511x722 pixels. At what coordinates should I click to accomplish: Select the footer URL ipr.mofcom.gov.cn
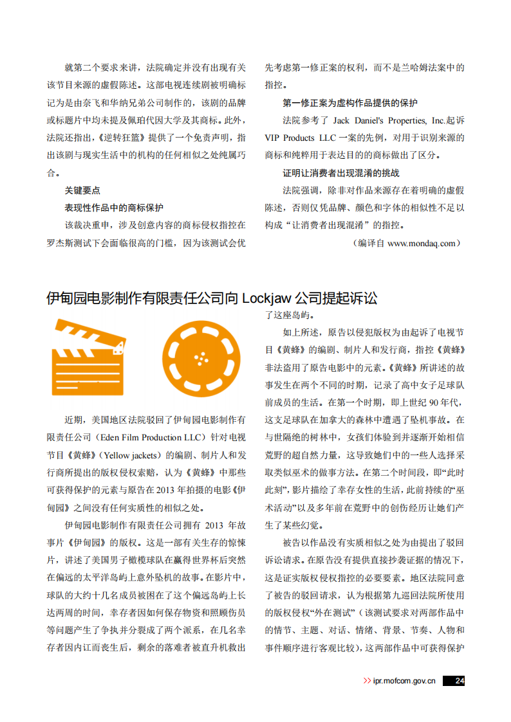click(x=404, y=681)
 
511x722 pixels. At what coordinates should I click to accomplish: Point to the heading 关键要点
click(x=82, y=190)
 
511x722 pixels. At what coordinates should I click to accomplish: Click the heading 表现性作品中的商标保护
click(x=114, y=208)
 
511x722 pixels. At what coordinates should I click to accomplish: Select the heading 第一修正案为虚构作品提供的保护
click(x=350, y=103)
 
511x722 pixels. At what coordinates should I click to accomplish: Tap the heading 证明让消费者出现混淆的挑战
click(x=341, y=173)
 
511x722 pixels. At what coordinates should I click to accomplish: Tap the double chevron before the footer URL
click(x=367, y=681)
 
